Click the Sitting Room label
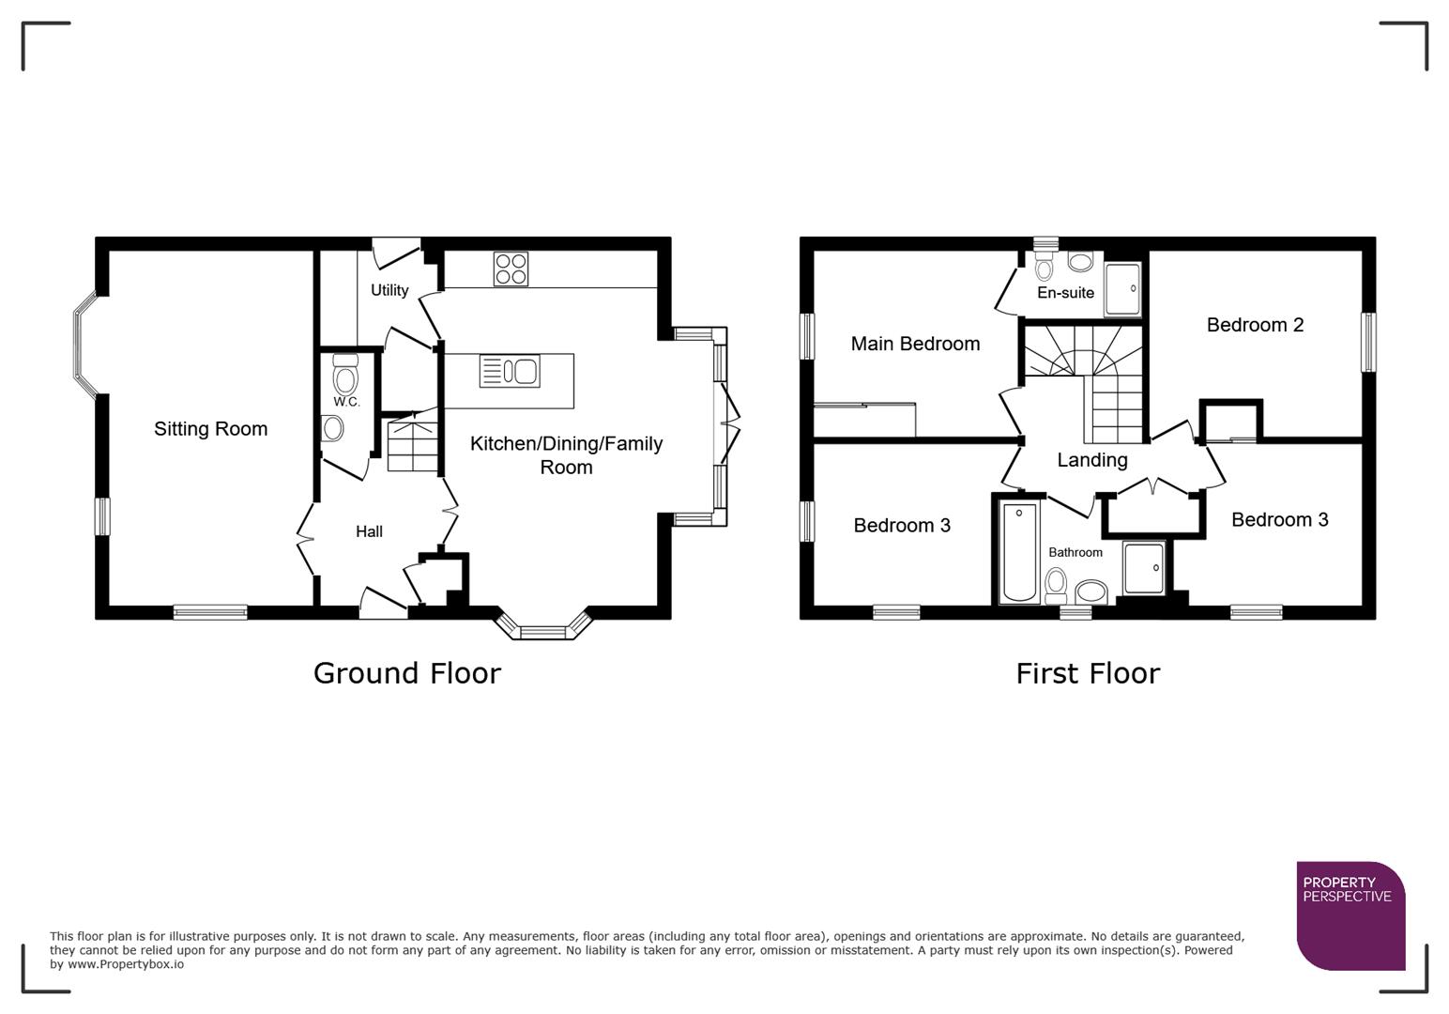(210, 429)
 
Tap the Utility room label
(389, 290)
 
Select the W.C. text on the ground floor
(346, 402)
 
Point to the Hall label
(369, 531)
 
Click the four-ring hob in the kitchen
(511, 269)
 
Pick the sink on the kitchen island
(510, 371)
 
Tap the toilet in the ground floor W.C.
(345, 376)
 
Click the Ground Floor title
(406, 673)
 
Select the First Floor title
(1087, 673)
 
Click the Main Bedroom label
(915, 344)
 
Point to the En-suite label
(1065, 293)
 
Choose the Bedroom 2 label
(1255, 325)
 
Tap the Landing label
(1091, 460)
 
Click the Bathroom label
(1075, 552)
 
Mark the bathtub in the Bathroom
(1019, 552)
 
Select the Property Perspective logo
(1350, 914)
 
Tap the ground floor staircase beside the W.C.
(413, 445)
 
